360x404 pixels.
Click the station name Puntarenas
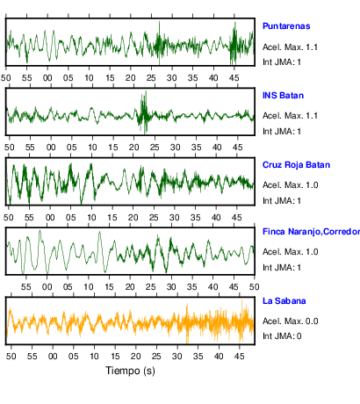tap(286, 26)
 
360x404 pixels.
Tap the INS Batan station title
tap(283, 96)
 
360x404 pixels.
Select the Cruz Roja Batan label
tap(296, 165)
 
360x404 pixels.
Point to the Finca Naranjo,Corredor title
tap(311, 232)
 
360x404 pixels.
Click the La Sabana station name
tap(284, 301)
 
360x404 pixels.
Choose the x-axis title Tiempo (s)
tap(130, 371)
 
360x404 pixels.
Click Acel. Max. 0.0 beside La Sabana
tap(290, 321)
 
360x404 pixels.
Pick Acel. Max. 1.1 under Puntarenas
tap(290, 47)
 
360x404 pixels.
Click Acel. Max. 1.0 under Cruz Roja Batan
tap(290, 185)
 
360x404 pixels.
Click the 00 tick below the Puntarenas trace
tap(47, 78)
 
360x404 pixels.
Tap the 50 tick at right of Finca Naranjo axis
tap(255, 287)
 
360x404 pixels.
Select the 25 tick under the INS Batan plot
tap(155, 148)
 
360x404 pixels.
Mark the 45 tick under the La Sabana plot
tap(240, 357)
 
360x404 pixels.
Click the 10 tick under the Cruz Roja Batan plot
tap(91, 218)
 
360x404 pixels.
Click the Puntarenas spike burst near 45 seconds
tap(234, 43)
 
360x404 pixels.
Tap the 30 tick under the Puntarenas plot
tap(172, 78)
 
